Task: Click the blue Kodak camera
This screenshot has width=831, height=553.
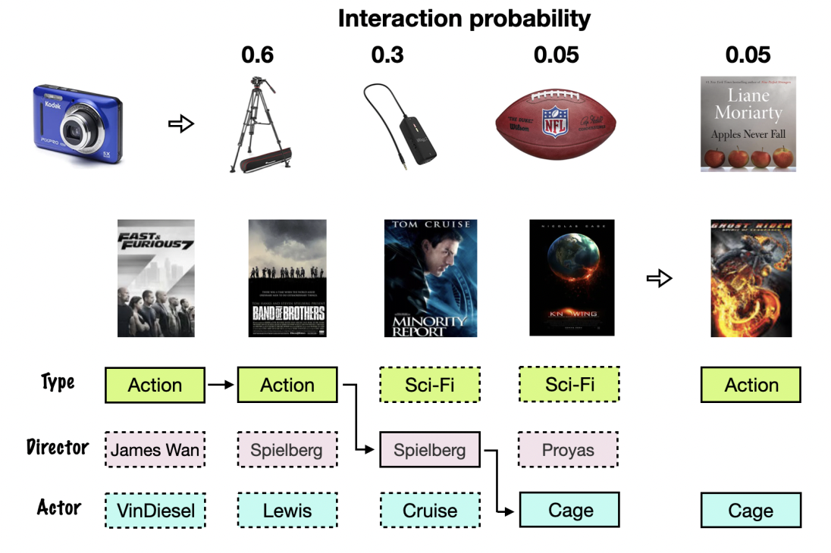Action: [x=77, y=120]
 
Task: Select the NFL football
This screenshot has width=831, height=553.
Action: [x=556, y=122]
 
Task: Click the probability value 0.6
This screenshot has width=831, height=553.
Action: [x=257, y=55]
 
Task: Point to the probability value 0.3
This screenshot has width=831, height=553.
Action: [x=387, y=55]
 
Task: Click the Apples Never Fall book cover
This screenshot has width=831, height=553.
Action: [x=748, y=122]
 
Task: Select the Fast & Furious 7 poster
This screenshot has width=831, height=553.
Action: [x=155, y=278]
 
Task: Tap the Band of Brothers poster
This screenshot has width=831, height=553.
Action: [x=287, y=278]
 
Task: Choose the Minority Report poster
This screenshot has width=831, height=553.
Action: [x=431, y=278]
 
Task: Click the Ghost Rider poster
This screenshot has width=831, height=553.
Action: [x=751, y=278]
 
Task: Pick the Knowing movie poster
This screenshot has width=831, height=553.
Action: [x=571, y=278]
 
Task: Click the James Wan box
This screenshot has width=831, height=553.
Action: [x=155, y=450]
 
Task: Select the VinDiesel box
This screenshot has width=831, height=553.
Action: [x=155, y=511]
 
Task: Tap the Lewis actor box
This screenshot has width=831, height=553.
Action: [x=287, y=511]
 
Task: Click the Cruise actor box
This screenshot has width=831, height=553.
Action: [x=430, y=511]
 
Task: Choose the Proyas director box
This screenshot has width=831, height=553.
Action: [x=569, y=450]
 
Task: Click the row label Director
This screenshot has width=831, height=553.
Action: [x=58, y=448]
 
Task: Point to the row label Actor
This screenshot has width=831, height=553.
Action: [x=59, y=507]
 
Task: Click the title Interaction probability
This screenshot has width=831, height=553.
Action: [x=464, y=19]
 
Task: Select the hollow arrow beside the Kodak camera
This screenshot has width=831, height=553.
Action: [x=181, y=123]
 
